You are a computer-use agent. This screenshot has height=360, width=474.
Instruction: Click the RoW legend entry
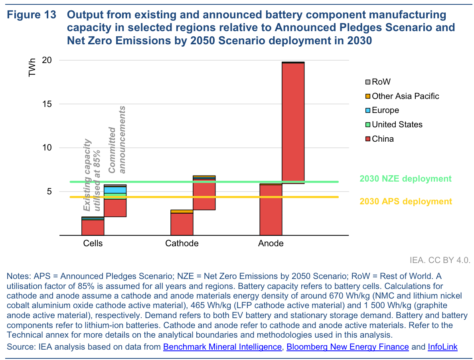click(381, 82)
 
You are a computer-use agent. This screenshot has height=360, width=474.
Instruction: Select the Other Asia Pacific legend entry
click(405, 96)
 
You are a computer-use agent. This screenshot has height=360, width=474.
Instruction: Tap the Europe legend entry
click(385, 110)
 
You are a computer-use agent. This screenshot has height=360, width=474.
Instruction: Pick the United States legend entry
click(397, 125)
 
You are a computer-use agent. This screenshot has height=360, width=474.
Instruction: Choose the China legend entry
click(382, 139)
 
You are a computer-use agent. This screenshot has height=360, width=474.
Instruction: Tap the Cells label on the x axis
click(93, 243)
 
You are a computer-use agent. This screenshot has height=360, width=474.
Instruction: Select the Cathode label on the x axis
click(182, 243)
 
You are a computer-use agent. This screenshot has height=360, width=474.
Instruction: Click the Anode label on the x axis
click(271, 243)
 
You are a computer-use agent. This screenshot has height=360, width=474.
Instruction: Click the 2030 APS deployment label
click(406, 201)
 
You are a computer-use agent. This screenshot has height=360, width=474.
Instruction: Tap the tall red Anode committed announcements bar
click(293, 120)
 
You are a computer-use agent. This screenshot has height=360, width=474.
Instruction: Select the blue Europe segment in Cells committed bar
click(115, 190)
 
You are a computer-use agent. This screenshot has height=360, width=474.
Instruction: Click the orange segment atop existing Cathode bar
click(182, 212)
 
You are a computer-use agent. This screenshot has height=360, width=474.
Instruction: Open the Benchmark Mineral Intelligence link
click(222, 347)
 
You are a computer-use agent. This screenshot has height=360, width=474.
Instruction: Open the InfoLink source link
click(442, 347)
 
